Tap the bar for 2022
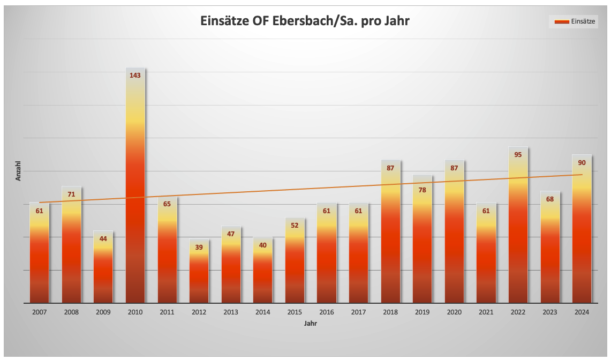(x=518, y=225)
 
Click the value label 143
(x=135, y=76)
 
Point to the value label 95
(x=518, y=155)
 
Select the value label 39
(x=199, y=247)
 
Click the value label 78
(x=422, y=190)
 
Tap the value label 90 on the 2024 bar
(x=582, y=163)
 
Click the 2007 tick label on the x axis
(x=39, y=312)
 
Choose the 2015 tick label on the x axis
(x=295, y=312)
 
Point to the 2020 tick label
(x=454, y=312)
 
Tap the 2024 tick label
(x=582, y=312)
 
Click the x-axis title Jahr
(x=311, y=324)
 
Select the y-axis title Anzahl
(x=18, y=170)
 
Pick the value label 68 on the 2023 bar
(x=550, y=199)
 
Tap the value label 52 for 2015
(x=295, y=226)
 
